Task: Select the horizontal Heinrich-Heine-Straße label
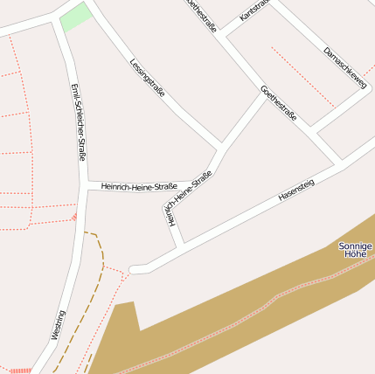(139, 186)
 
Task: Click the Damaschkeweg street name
(345, 67)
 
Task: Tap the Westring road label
(58, 324)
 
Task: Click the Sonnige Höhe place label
(356, 250)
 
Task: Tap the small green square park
(76, 17)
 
